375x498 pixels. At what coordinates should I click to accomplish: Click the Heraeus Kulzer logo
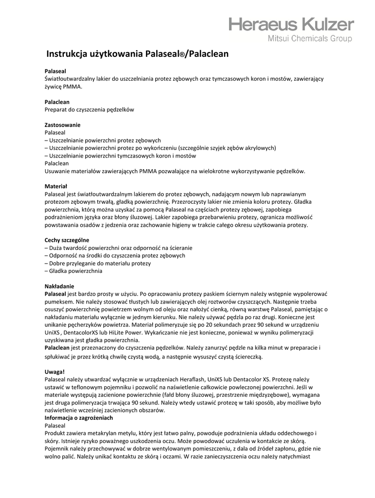point(291,24)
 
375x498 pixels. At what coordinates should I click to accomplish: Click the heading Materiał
point(55,186)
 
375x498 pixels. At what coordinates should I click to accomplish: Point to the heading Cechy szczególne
point(67,240)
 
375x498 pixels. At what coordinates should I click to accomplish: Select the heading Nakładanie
point(59,286)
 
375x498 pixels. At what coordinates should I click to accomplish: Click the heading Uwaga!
point(54,372)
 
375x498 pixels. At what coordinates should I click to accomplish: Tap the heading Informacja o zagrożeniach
point(79,418)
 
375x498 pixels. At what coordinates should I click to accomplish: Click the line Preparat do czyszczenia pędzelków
point(89,109)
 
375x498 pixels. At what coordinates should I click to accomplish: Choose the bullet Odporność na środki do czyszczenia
point(116,255)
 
